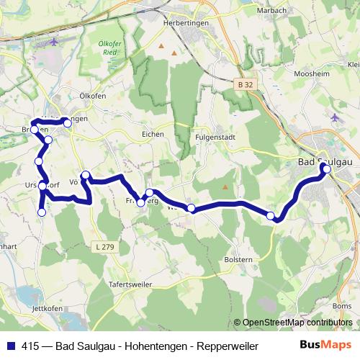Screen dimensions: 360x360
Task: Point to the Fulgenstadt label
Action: click(215, 135)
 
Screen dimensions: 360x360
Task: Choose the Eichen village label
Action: click(153, 134)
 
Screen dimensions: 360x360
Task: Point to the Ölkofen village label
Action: click(94, 94)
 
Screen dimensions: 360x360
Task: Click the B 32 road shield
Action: click(246, 84)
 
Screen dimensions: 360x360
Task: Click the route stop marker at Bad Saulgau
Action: click(327, 169)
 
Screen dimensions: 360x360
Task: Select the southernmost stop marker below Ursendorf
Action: click(42, 212)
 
